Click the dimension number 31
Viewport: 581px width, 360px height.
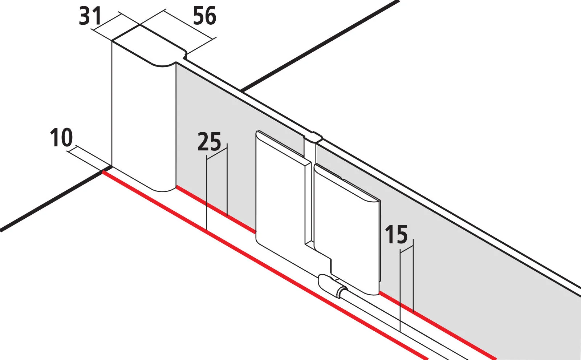[x=89, y=17]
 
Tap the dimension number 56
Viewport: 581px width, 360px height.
[x=204, y=16]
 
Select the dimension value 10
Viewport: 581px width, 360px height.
[x=61, y=138]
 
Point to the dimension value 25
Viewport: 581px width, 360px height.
[x=209, y=142]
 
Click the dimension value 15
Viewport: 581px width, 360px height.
[x=396, y=235]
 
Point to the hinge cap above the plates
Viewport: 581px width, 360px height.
[x=313, y=137]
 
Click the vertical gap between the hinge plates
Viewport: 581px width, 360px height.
[x=309, y=203]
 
